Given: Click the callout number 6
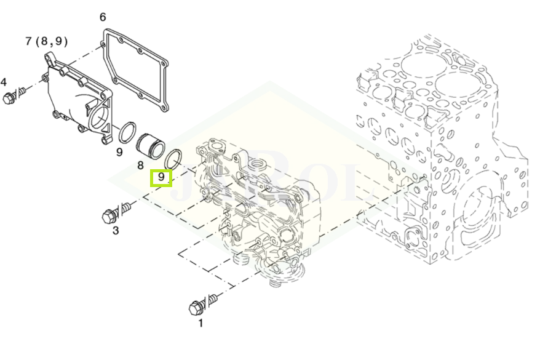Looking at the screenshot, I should tap(103, 17).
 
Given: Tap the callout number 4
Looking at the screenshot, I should tap(4, 82).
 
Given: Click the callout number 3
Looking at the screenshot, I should tap(115, 231).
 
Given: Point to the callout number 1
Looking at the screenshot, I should tap(200, 322).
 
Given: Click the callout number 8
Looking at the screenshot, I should tap(140, 165).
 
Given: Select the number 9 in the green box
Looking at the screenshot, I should tap(161, 177).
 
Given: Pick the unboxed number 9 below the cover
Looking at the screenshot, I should tap(119, 151).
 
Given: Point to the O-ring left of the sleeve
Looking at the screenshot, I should tap(128, 132).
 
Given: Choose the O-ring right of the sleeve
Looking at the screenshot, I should tap(173, 158).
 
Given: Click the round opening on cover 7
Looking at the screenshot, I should tap(99, 120).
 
